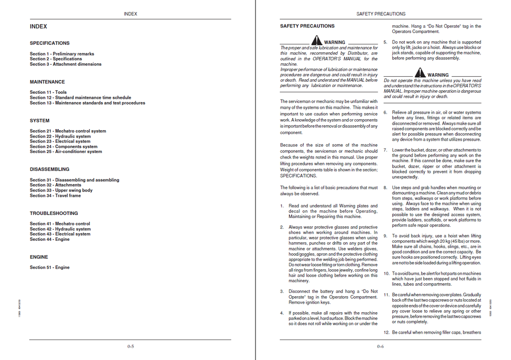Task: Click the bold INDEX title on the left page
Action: pos(38,26)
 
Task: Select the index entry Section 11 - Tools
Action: pos(48,92)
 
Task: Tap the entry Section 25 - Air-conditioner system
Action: pos(66,152)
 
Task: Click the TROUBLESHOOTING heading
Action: pos(50,213)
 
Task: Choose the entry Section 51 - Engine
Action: pos(49,267)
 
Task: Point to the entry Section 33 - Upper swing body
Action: pos(61,190)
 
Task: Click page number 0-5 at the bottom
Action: pos(130,347)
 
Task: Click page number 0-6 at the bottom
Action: pos(380,347)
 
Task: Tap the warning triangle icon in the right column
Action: pos(420,73)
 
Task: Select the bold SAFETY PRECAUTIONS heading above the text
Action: pos(307,26)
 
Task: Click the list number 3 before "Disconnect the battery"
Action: pos(282,292)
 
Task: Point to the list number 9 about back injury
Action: pos(385,236)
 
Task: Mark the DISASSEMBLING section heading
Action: pos(49,170)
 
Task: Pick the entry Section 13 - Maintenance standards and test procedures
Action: pos(87,103)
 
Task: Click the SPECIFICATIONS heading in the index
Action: pos(49,43)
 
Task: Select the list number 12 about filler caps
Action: pos(386,333)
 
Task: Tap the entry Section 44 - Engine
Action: pos(49,239)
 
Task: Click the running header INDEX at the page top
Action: pos(130,14)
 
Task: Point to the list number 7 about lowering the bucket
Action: pos(385,150)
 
